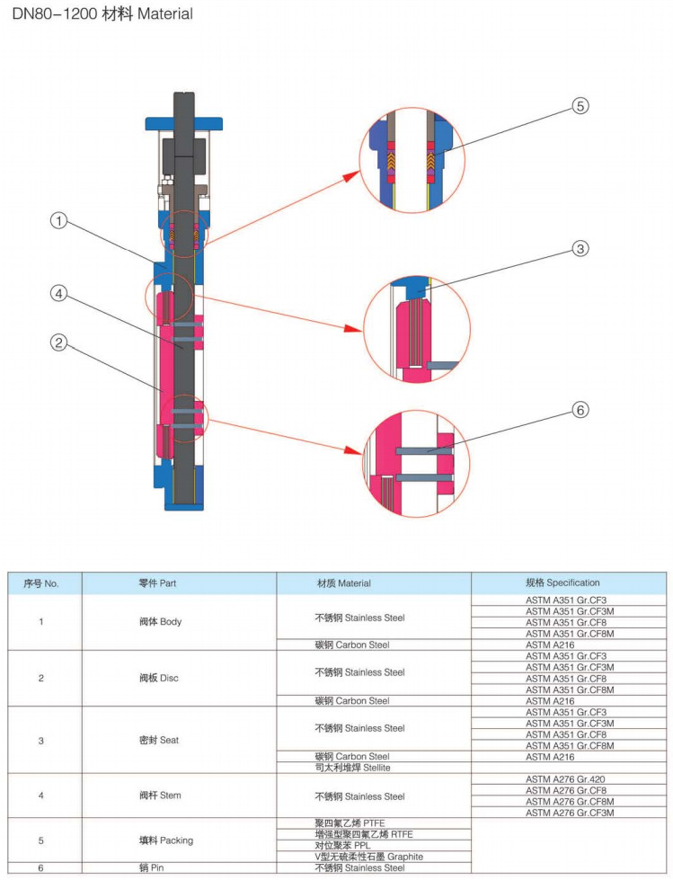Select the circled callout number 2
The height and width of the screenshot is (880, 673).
tap(58, 342)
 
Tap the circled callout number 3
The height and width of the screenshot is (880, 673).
tap(580, 248)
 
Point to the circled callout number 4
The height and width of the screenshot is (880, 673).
tap(58, 293)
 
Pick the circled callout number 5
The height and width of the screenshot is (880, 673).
tap(580, 105)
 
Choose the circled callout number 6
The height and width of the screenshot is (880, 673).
tap(580, 410)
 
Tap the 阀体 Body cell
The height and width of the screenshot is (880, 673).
tap(160, 622)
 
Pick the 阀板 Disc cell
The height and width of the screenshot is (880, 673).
tap(159, 678)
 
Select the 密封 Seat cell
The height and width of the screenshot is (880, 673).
tap(159, 741)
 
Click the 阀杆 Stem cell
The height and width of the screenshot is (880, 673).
tap(159, 796)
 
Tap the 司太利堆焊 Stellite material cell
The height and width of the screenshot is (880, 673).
tap(352, 768)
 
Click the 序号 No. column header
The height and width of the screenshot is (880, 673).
tap(41, 583)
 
